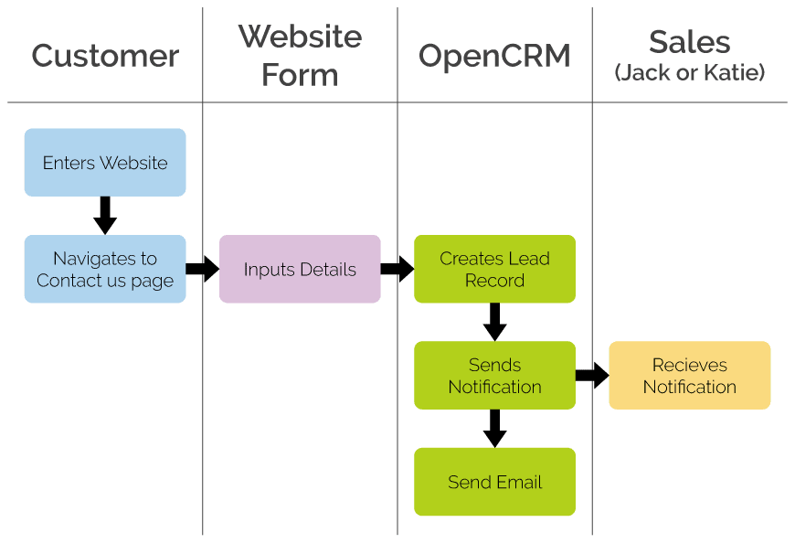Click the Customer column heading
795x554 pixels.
[105, 56]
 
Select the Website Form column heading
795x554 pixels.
[300, 56]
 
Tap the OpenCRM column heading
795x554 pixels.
[494, 56]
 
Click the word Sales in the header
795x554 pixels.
[689, 42]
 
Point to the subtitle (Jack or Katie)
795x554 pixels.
[690, 72]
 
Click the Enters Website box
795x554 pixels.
[105, 163]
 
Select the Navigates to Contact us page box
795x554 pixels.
[105, 269]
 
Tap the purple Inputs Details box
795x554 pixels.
[300, 269]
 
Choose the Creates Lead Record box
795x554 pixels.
[494, 269]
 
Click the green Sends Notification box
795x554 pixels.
[494, 375]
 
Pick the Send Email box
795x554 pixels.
[494, 482]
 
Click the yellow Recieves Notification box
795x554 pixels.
[689, 375]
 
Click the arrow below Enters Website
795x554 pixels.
[105, 215]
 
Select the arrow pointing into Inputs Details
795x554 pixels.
[202, 269]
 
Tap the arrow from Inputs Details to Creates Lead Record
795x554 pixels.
[397, 269]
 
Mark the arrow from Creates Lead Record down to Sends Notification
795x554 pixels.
[494, 321]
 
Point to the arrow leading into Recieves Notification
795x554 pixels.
[591, 375]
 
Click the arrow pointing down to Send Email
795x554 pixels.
[494, 428]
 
